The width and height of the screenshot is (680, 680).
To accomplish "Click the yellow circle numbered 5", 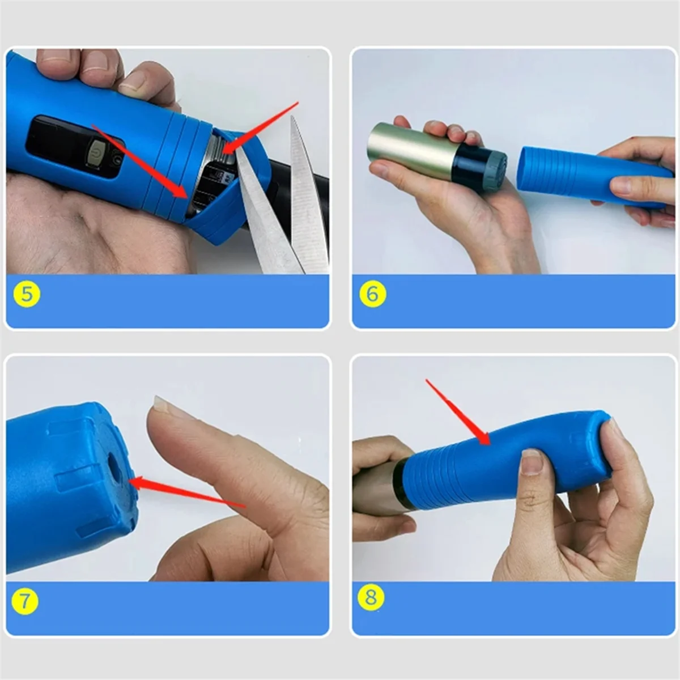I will [27, 294].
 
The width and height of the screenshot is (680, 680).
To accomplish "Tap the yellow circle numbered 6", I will [372, 294].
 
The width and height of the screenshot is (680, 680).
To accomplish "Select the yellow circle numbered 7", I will [24, 601].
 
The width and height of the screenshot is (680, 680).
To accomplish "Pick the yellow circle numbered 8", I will [371, 597].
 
